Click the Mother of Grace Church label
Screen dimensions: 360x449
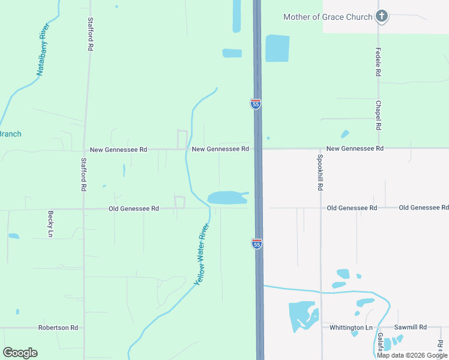(x=328, y=17)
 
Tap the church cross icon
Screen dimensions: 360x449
(x=381, y=16)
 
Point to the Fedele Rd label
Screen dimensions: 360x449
(x=378, y=62)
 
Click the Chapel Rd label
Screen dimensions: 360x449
(x=378, y=115)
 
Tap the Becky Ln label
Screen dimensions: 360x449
(x=50, y=224)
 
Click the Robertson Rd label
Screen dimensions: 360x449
(x=58, y=328)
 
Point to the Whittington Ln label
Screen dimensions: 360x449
(x=351, y=328)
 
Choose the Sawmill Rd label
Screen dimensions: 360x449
(x=410, y=327)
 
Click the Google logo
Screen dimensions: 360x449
(x=20, y=353)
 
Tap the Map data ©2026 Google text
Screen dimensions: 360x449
(x=412, y=355)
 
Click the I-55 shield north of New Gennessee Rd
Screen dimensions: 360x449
(x=256, y=104)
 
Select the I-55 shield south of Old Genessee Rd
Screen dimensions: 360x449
(x=256, y=243)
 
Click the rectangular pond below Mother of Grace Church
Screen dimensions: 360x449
(x=277, y=48)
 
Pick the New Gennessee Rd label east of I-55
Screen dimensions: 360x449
(x=355, y=148)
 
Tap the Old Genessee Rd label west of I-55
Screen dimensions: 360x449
(x=133, y=209)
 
